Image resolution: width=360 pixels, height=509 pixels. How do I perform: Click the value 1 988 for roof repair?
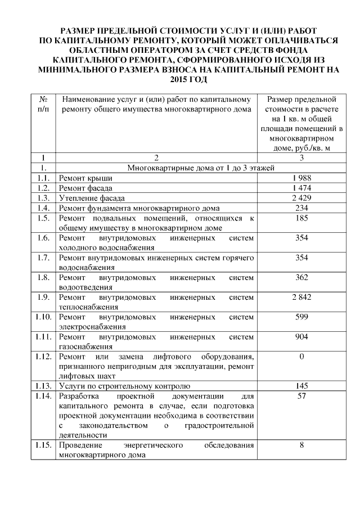tap(301, 178)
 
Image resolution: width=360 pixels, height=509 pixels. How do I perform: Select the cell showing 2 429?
tap(301, 199)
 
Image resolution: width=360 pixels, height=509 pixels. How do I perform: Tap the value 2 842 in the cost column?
tap(301, 297)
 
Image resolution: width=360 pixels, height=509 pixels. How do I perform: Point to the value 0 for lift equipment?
tap(301, 357)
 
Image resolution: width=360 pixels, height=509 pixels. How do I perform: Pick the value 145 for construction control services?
tap(301, 386)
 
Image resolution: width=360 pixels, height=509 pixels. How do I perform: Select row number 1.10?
tap(43, 317)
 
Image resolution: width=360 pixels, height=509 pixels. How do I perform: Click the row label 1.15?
tap(43, 445)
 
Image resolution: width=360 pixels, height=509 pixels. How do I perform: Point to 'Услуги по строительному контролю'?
tap(124, 386)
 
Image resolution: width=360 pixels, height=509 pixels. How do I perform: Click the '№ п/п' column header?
tap(43, 103)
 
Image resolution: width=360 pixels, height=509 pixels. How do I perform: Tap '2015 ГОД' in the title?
tap(180, 80)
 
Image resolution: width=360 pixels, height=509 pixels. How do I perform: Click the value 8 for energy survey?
tap(301, 445)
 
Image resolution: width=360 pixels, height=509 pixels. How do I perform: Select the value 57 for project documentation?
tap(301, 397)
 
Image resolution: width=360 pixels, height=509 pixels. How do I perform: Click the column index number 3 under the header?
tap(301, 158)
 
